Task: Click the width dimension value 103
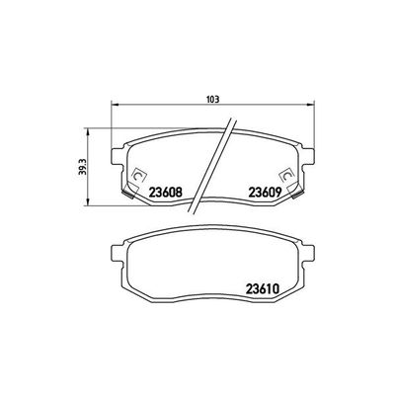(x=211, y=99)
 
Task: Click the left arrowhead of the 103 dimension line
(x=114, y=106)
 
